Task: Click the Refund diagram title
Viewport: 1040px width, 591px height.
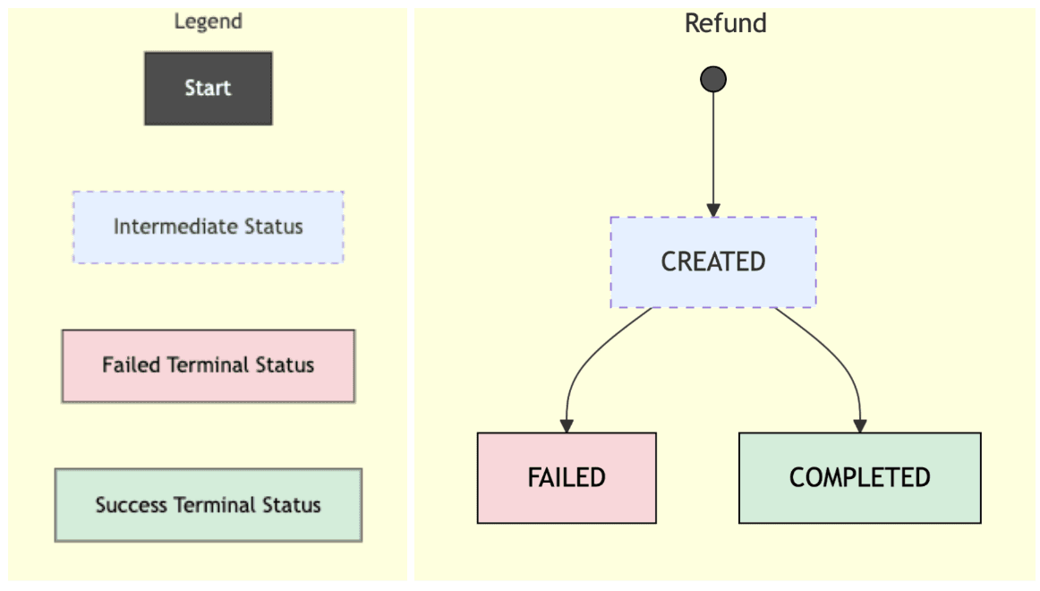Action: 725,23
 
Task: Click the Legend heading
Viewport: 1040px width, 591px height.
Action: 208,21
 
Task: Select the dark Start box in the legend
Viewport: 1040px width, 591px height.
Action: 209,89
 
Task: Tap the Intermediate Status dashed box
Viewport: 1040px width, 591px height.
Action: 209,227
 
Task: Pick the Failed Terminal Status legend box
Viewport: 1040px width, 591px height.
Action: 209,365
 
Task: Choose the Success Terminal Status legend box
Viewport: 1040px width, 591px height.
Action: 209,505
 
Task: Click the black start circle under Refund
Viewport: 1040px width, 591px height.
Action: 713,80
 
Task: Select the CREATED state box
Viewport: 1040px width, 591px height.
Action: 713,262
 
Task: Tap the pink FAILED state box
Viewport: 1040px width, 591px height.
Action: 567,477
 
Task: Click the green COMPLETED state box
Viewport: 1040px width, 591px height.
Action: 859,477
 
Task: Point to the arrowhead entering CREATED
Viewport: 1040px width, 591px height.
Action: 713,210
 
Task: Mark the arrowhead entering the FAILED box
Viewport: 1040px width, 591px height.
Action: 567,426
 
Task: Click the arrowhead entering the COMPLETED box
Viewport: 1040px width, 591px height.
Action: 859,426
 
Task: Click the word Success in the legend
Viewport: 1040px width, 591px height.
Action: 131,505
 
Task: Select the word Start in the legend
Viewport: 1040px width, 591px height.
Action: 209,89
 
